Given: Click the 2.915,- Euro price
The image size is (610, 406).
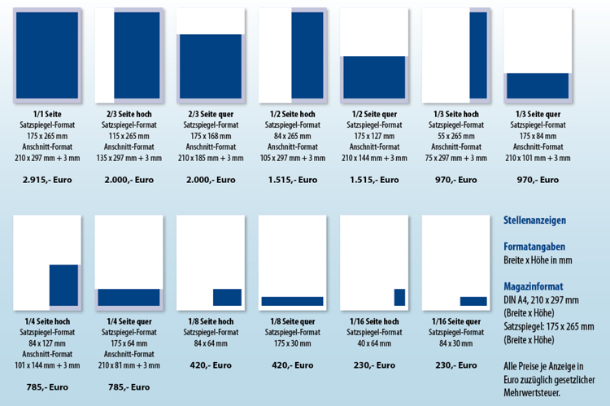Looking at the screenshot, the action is point(47,180).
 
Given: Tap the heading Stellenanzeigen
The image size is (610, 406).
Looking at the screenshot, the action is point(534,220).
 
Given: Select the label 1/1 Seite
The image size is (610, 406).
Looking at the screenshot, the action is point(47,114).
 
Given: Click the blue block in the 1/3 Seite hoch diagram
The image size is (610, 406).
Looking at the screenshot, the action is point(478,55).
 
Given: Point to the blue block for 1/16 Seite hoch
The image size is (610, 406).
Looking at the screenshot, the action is point(399,298).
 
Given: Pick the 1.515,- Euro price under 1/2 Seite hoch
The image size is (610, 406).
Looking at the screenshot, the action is point(293,180).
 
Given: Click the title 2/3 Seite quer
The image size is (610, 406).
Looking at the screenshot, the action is point(211,114).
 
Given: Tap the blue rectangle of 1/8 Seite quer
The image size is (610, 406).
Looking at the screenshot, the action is point(292,301).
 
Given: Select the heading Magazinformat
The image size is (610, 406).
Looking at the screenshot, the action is point(534,286).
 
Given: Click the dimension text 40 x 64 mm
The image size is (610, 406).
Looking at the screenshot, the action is point(374,343).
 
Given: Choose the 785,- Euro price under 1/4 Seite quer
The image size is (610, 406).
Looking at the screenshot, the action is point(129,387).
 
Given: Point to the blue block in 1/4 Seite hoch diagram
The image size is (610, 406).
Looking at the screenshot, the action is point(63,286).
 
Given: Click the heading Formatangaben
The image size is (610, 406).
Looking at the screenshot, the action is point(534,247).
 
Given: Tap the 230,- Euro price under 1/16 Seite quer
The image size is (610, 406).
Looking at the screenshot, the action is point(456,365).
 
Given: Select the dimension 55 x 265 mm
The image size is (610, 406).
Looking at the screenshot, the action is point(456,136).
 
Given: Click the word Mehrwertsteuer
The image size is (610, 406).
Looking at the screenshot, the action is point(532,392).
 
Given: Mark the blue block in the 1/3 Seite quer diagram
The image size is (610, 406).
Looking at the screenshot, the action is point(538,85).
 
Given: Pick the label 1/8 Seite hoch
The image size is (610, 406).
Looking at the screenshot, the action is point(211,321).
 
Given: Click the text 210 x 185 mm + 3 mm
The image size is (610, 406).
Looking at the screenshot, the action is point(211,158).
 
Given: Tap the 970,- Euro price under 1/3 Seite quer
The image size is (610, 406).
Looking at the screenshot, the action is point(538,180).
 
